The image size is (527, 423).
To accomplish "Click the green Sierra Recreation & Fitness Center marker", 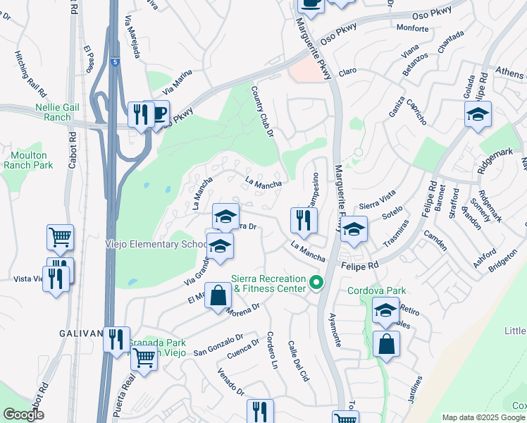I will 316,283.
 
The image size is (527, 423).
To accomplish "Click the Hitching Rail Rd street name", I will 31,73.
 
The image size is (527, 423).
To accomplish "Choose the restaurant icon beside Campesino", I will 304,220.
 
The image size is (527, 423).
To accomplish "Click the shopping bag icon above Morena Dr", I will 218,295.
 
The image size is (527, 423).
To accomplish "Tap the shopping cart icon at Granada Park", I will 144,357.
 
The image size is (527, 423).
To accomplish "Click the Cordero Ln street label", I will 272,351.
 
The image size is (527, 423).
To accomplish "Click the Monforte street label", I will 413,28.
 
